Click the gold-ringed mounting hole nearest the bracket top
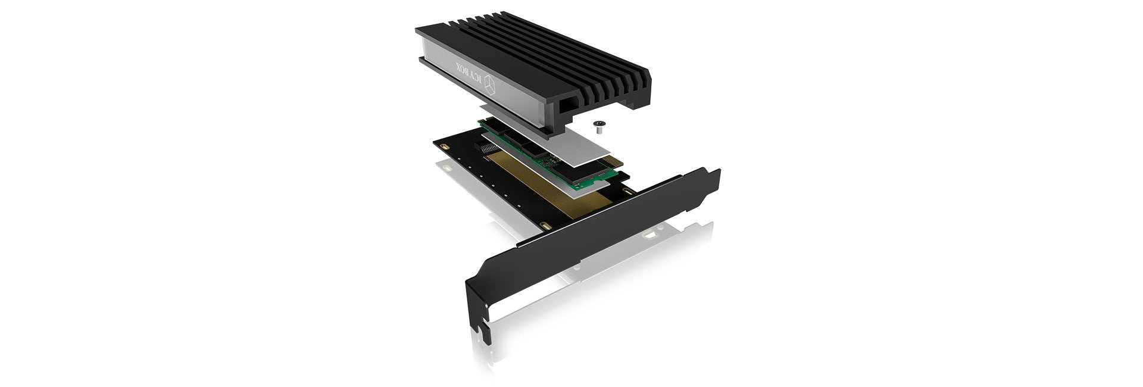(628, 192)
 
